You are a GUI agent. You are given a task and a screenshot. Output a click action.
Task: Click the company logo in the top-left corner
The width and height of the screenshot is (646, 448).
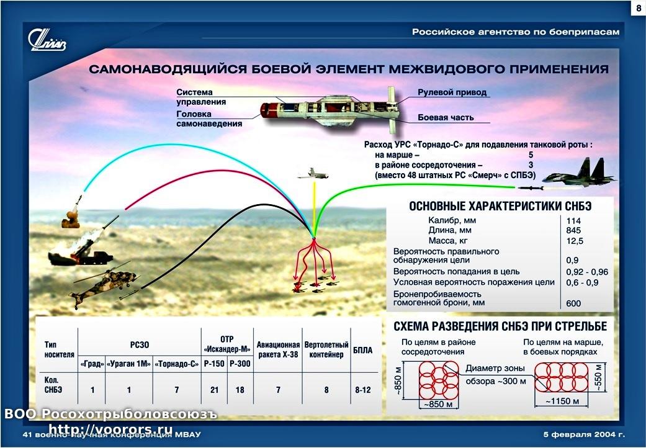click(47, 40)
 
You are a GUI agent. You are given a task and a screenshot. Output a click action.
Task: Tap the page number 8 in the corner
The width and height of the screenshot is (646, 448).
click(639, 9)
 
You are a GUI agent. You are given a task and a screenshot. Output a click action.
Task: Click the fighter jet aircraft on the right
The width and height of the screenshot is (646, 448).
click(578, 174)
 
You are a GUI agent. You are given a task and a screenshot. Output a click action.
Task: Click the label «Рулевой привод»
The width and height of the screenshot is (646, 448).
click(452, 92)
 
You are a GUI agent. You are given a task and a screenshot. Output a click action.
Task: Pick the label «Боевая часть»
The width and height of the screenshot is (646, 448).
click(446, 117)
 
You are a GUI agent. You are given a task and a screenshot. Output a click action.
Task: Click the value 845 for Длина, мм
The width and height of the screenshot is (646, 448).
click(573, 231)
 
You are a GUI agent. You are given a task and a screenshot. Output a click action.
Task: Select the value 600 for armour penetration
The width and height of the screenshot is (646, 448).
click(573, 303)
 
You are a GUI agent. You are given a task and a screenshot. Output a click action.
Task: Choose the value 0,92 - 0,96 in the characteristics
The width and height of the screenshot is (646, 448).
click(587, 272)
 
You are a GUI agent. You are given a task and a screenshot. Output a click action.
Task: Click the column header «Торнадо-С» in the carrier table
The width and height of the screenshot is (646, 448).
click(176, 364)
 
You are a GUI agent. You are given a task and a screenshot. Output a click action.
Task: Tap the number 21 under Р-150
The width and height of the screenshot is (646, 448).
click(214, 390)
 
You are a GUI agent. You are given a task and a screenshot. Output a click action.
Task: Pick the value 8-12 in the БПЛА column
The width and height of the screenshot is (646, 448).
click(363, 390)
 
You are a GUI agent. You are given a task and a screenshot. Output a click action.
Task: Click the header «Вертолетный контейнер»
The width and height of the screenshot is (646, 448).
click(326, 349)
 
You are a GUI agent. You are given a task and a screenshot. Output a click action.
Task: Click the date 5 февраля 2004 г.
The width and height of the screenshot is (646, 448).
click(584, 434)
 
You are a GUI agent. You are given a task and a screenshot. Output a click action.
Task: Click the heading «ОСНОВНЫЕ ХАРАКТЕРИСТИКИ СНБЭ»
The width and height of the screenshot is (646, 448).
click(500, 206)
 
